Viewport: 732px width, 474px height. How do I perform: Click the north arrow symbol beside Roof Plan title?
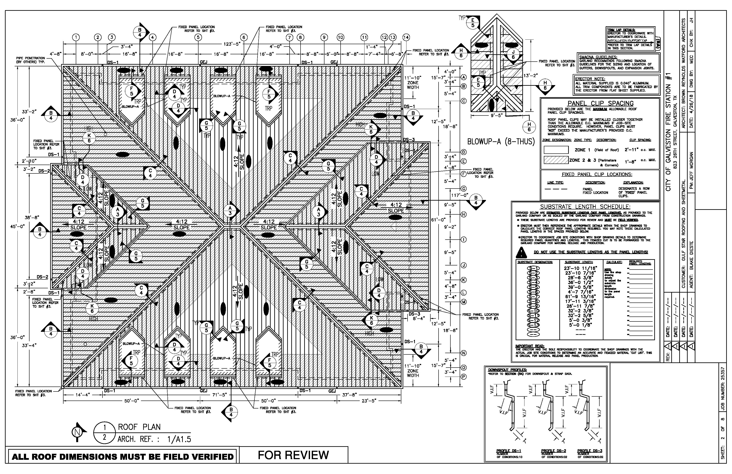78,432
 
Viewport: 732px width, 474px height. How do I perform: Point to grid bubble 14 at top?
406,37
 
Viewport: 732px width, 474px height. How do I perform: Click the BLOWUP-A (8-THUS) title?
501,142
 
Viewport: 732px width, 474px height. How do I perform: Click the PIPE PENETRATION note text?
31,60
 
